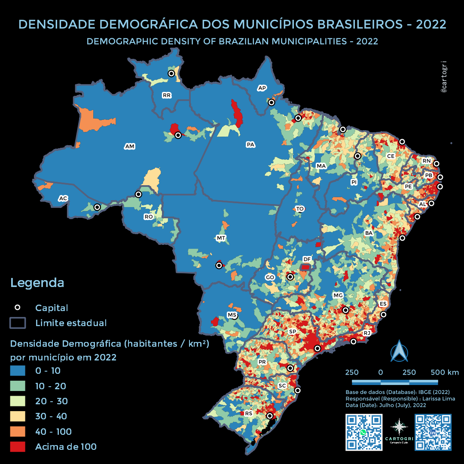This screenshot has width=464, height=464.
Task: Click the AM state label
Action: click(130, 147)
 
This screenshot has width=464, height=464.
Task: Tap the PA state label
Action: click(250, 144)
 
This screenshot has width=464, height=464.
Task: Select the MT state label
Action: click(221, 238)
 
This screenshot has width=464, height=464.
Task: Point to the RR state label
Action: click(167, 95)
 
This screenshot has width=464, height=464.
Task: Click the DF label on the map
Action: click(307, 259)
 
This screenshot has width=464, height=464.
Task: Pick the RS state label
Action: click(248, 413)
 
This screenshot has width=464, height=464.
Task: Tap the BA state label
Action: click(369, 233)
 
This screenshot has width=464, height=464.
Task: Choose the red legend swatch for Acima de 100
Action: click(18, 447)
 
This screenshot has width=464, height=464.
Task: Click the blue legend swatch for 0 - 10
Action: click(18, 371)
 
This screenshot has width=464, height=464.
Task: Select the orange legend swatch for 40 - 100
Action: click(18, 431)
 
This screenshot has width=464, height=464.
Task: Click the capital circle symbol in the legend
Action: click(18, 308)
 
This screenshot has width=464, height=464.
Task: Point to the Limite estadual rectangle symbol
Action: click(18, 323)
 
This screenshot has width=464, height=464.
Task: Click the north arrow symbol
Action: click(399, 351)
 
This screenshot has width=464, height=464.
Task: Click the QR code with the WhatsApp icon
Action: click(364, 432)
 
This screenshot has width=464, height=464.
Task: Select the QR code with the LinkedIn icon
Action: click(433, 432)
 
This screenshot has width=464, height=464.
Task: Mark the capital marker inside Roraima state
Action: click(171, 73)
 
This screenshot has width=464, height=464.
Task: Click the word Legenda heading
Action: click(37, 283)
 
